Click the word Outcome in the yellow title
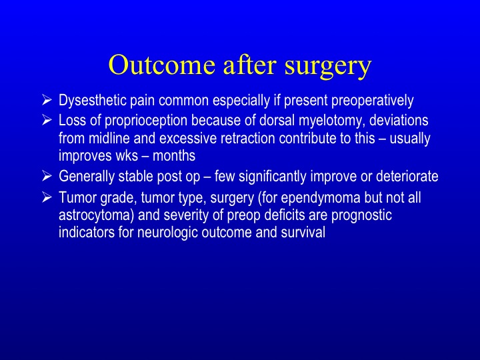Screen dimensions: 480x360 click(x=161, y=65)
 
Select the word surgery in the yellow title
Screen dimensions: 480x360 click(x=328, y=67)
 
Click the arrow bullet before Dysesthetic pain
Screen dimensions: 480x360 click(x=47, y=100)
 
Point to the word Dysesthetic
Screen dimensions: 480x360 click(x=93, y=101)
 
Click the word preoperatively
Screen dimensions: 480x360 click(x=372, y=101)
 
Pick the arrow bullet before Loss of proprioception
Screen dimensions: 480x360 click(x=47, y=120)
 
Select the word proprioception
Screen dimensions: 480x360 click(x=146, y=121)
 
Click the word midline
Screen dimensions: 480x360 click(x=109, y=139)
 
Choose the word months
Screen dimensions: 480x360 click(x=173, y=156)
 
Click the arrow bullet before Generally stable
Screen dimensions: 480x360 click(x=47, y=176)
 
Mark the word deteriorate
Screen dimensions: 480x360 click(x=407, y=176)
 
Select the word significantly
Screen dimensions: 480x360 click(x=272, y=177)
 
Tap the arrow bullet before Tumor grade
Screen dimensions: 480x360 click(x=47, y=197)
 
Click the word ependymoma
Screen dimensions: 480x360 click(x=320, y=198)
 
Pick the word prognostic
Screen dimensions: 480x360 click(x=361, y=215)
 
